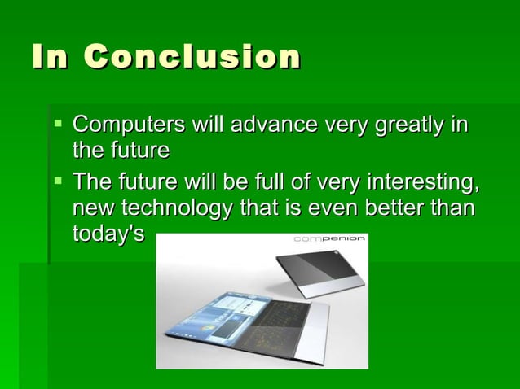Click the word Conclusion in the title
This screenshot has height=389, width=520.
192,58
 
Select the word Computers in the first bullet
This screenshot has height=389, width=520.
127,125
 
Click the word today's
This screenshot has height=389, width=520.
108,234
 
